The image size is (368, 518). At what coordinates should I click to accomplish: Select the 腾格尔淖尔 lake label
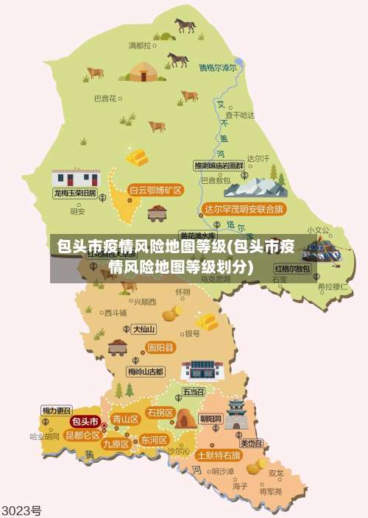click(x=218, y=67)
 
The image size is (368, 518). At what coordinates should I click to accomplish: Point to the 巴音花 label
click(x=105, y=98)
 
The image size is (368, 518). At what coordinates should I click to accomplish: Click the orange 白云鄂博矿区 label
click(x=155, y=190)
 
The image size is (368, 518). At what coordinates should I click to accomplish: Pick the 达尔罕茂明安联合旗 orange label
click(x=244, y=209)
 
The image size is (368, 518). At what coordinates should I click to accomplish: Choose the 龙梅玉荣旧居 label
click(x=74, y=193)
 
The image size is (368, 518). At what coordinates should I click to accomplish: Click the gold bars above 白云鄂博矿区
click(x=136, y=157)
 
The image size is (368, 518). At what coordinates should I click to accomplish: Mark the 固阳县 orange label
click(x=160, y=347)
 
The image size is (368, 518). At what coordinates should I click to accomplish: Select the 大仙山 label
click(x=144, y=330)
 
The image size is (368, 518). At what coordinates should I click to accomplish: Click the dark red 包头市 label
click(x=85, y=422)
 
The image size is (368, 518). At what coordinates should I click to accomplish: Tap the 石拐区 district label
click(x=160, y=413)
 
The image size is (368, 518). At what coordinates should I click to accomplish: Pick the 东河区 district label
click(x=155, y=440)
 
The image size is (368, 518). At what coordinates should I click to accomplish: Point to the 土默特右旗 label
click(x=219, y=454)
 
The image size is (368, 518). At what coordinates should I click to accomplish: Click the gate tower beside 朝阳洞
click(x=236, y=415)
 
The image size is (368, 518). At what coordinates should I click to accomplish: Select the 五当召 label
click(x=194, y=391)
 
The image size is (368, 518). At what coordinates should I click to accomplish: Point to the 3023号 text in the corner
click(x=21, y=509)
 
